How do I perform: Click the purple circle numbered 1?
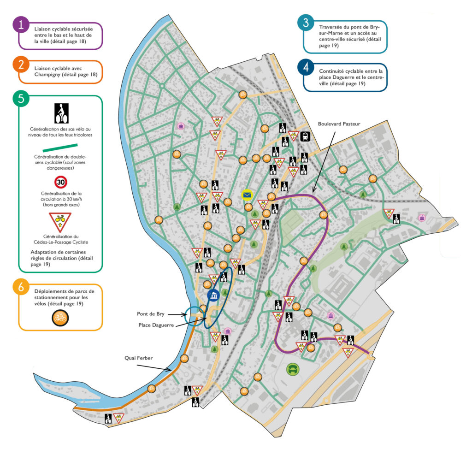point(21,24)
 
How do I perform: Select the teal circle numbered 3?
point(306,24)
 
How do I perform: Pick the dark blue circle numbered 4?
point(306,67)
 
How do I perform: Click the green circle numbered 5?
point(21,99)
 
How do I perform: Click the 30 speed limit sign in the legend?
point(60,181)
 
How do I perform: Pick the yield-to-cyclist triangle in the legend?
point(60,221)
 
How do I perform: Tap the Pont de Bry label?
point(150,313)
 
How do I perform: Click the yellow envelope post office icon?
point(248,195)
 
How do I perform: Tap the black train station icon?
point(305,136)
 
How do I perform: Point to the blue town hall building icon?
point(212,295)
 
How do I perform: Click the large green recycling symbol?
point(293,368)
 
